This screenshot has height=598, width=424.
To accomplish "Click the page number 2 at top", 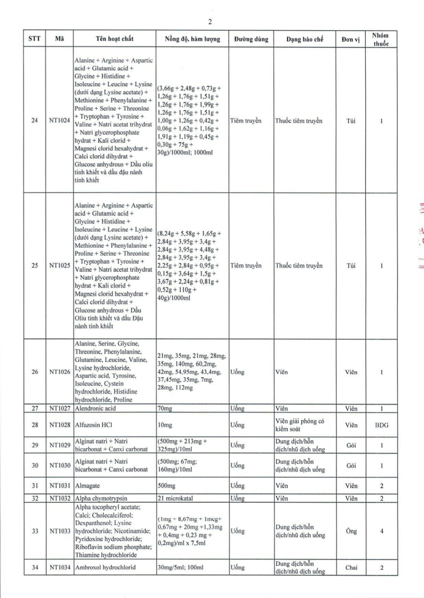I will click(210, 22).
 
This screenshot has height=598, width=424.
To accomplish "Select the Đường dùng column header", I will click(250, 39).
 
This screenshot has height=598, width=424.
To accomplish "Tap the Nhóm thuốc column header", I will click(381, 39).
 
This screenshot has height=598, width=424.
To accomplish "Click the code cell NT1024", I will click(59, 121).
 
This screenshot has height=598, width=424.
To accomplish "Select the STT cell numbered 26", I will click(34, 372).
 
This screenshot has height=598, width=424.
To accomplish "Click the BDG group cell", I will click(381, 425).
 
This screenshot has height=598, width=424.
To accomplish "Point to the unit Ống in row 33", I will click(351, 531).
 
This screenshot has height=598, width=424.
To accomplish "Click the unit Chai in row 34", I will click(351, 568).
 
